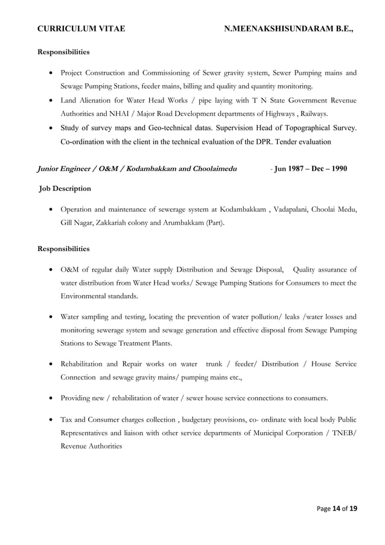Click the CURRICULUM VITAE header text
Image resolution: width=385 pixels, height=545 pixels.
click(81, 28)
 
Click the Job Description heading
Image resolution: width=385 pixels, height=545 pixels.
click(65, 189)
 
